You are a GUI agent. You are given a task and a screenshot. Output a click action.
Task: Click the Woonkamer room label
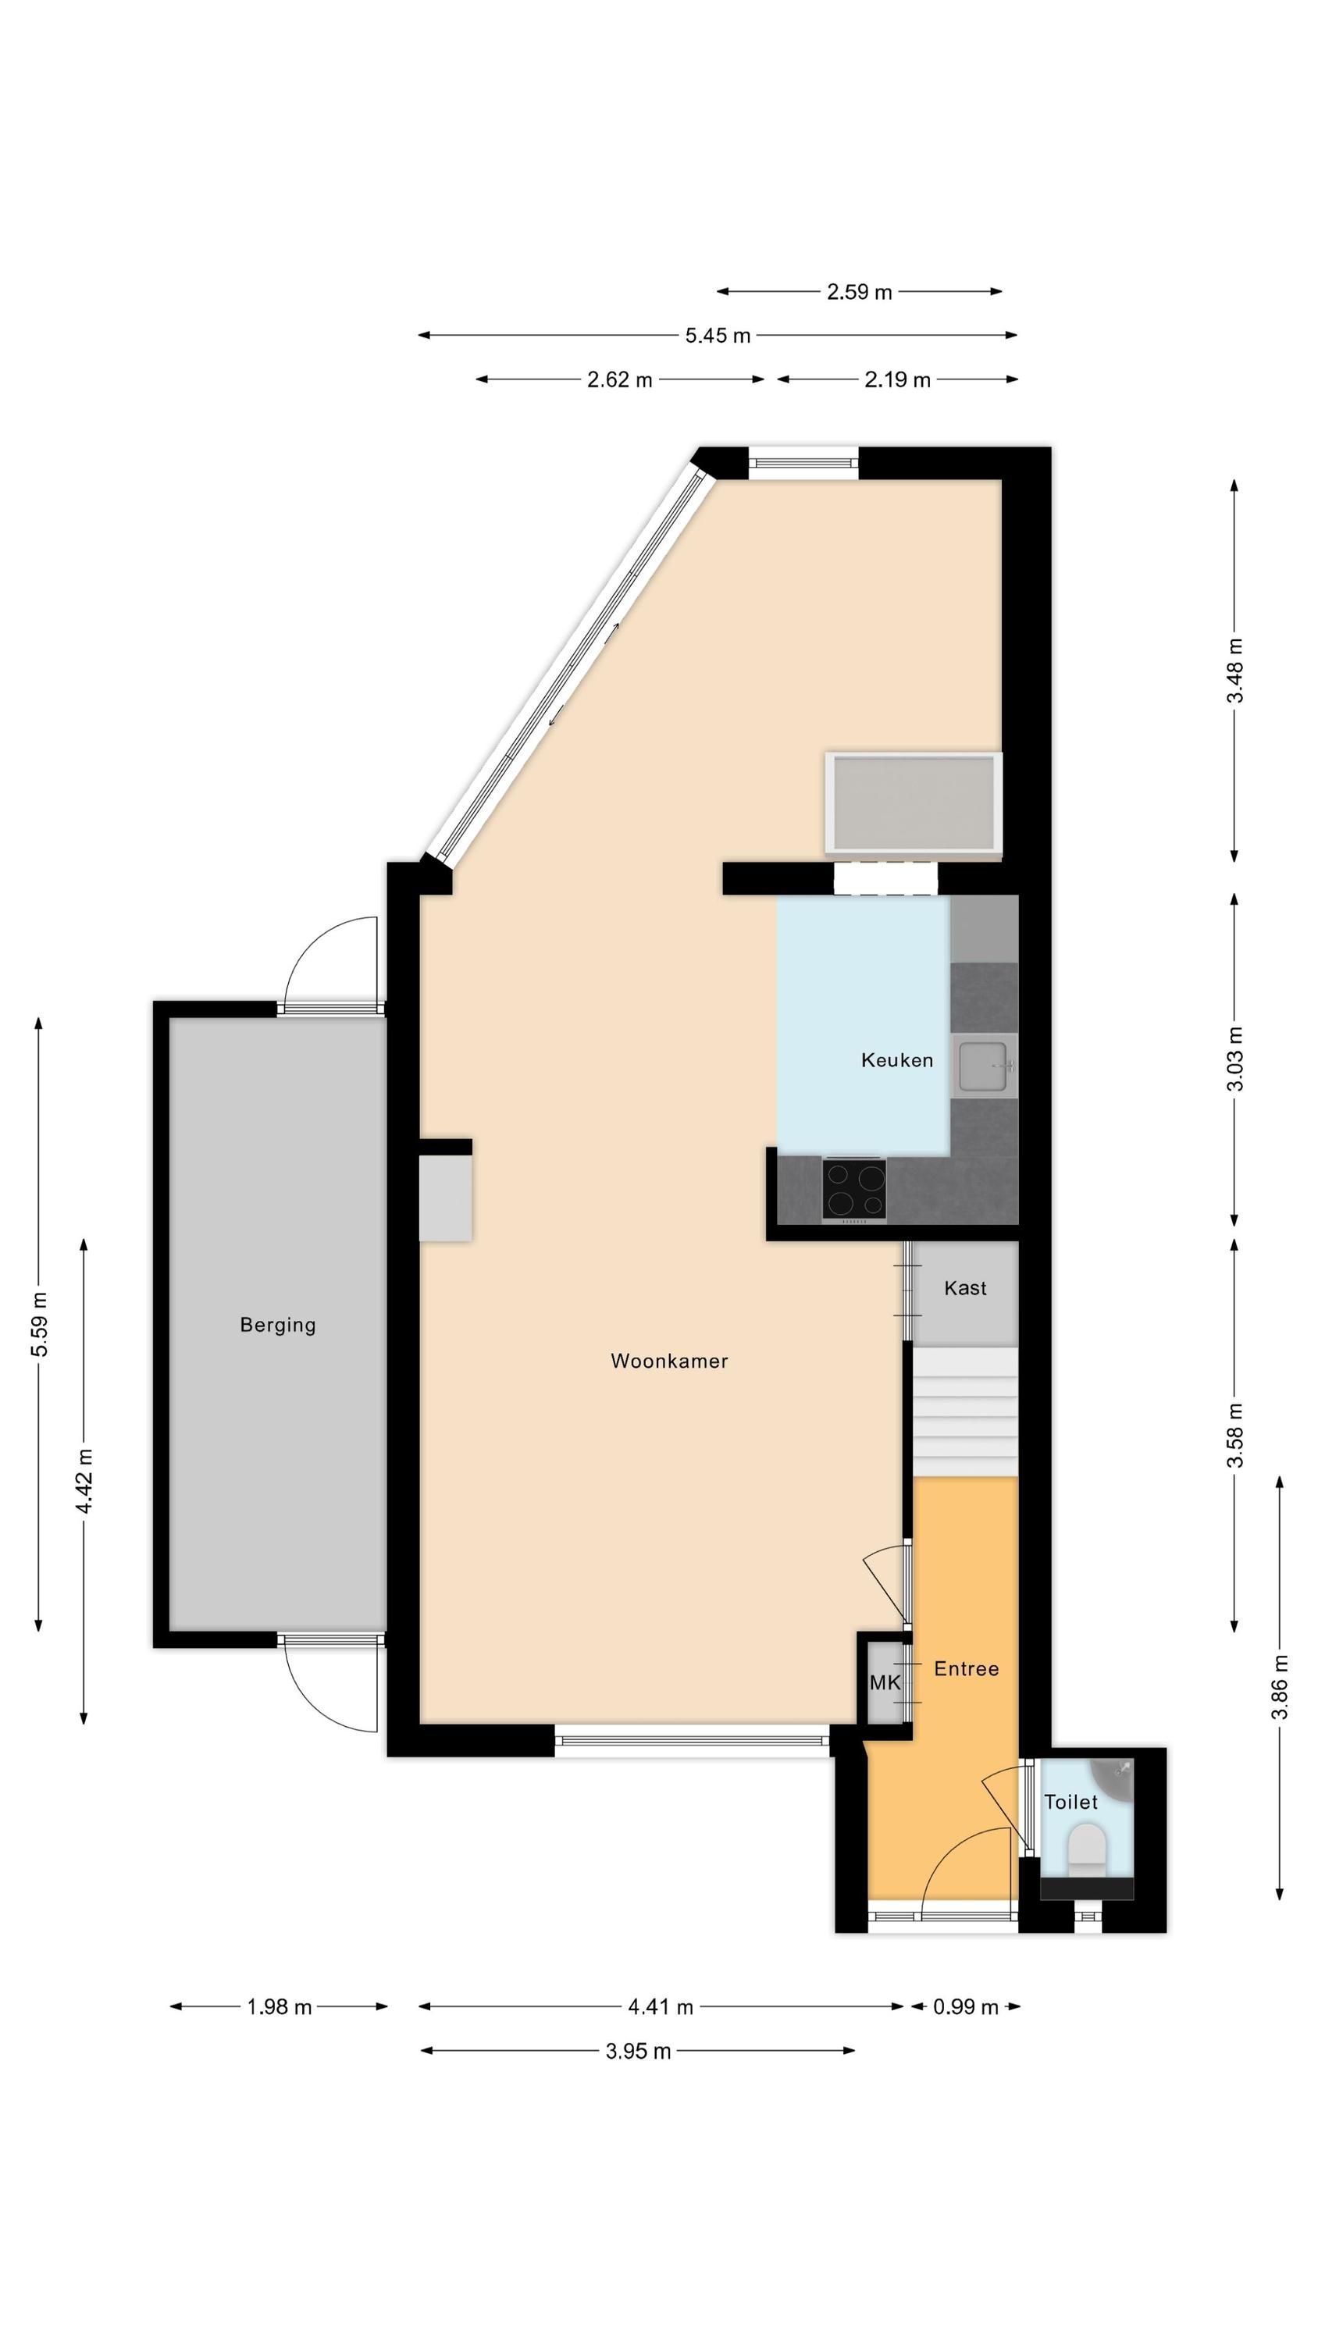click(668, 1361)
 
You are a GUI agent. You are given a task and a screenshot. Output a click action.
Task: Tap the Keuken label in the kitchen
click(897, 1060)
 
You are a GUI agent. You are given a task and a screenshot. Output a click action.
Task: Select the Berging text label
click(277, 1326)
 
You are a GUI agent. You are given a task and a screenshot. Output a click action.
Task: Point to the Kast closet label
click(965, 1287)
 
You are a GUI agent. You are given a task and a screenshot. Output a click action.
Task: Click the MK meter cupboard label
click(884, 1682)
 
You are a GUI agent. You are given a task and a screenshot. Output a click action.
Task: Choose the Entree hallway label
click(966, 1668)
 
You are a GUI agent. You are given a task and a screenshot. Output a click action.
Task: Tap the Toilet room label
click(1070, 1801)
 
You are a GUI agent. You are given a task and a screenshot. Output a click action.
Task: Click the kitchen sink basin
click(984, 1066)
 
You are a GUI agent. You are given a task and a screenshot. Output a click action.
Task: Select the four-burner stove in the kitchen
click(854, 1190)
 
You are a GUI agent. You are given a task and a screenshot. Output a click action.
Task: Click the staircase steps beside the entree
click(965, 1412)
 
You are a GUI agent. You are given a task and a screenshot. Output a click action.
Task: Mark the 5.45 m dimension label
click(718, 336)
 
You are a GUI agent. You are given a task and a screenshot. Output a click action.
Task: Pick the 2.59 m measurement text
click(859, 292)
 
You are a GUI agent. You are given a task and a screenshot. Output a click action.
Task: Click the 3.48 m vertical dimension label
click(1234, 671)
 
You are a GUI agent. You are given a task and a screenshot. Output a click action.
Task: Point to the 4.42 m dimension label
click(84, 1482)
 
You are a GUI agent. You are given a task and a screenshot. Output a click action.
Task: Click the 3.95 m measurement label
click(638, 2050)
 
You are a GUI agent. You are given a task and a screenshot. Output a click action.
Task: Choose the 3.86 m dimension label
click(1279, 1686)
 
